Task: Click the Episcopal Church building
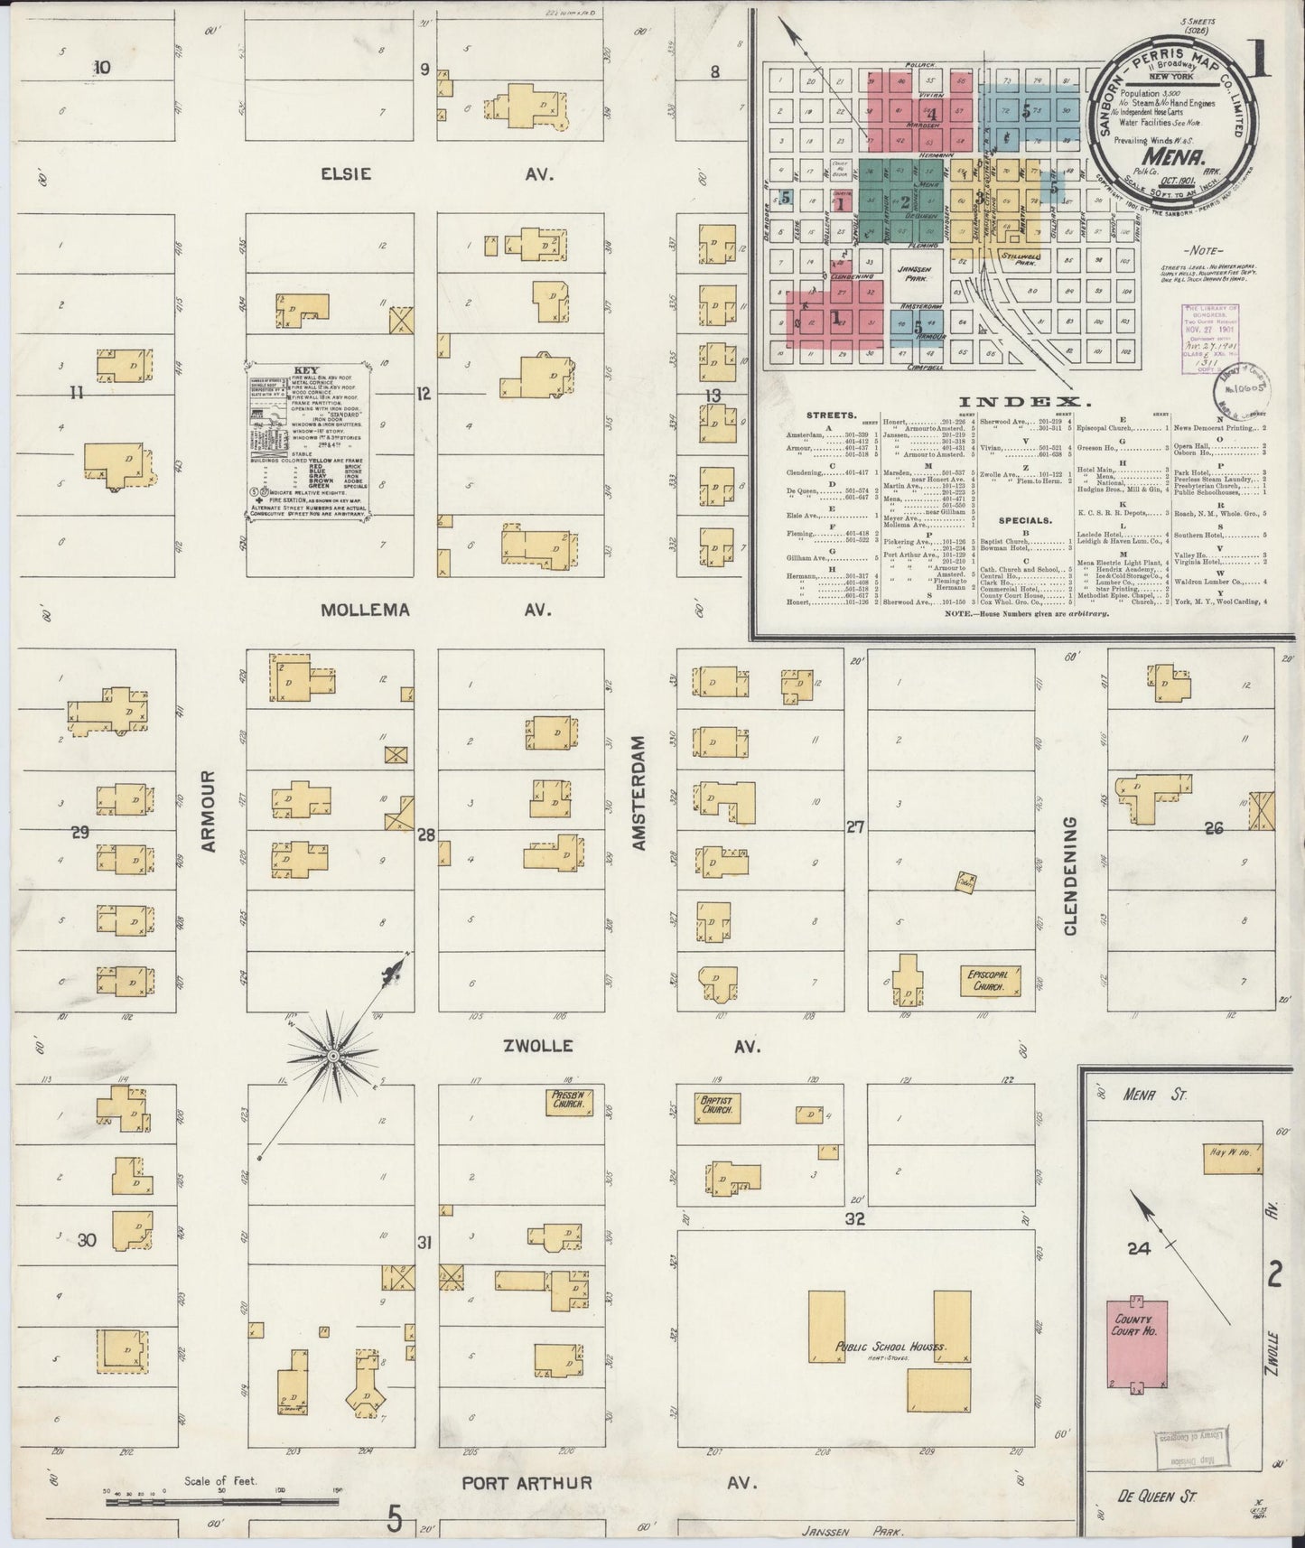tap(993, 982)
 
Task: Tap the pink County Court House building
tap(1137, 1338)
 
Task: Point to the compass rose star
tap(333, 1055)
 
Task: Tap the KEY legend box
tap(310, 442)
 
